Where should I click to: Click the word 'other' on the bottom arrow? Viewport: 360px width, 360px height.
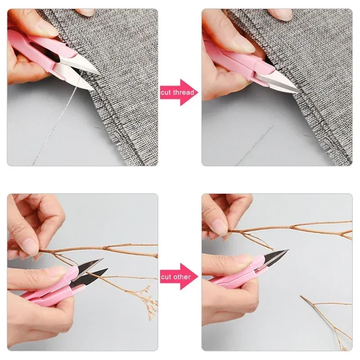coord(183,277)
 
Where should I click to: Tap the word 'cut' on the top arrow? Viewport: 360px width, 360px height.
coord(166,92)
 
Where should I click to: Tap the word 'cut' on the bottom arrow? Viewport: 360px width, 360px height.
coord(166,277)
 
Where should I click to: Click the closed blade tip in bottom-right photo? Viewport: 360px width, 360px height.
coord(288,251)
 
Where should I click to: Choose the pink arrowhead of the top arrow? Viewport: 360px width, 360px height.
coord(188,92)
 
